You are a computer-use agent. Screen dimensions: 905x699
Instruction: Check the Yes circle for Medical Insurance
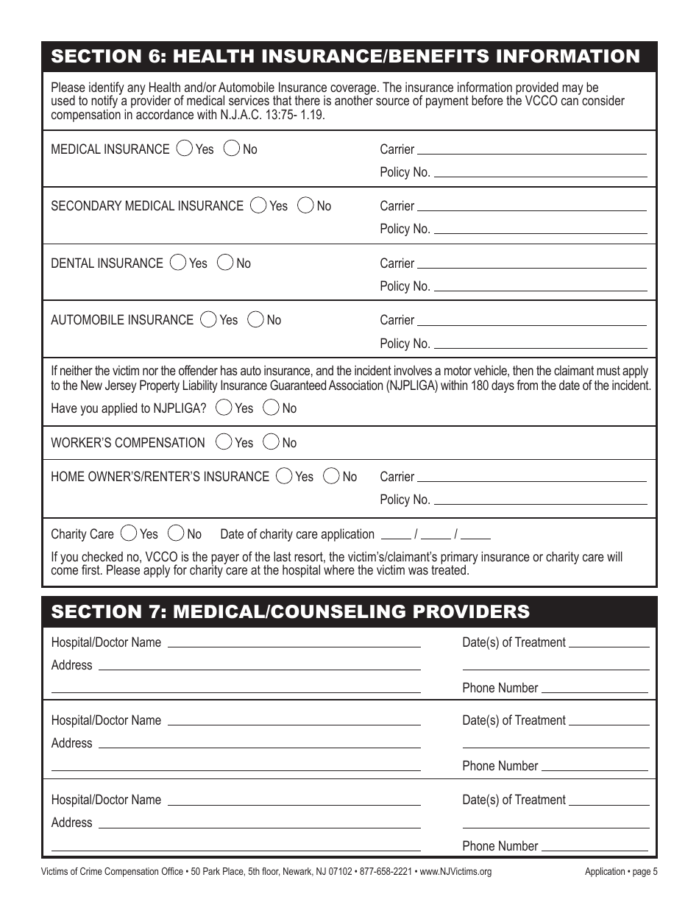[x=185, y=149]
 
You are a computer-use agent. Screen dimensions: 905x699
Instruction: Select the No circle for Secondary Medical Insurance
[x=305, y=205]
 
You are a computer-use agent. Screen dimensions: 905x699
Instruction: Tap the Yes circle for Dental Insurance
[x=178, y=263]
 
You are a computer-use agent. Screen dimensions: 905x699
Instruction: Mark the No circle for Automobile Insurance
[x=256, y=319]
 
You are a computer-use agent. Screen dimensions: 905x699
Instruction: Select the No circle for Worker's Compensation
[x=271, y=442]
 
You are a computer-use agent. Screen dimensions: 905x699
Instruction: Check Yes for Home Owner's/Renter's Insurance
[x=284, y=476]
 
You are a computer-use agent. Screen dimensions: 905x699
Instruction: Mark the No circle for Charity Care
[x=176, y=533]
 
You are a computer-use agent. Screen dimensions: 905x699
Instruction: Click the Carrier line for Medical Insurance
[x=531, y=149]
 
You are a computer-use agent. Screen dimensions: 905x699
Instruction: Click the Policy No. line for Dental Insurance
[x=540, y=286]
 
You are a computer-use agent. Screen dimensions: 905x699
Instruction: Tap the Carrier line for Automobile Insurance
[x=531, y=320]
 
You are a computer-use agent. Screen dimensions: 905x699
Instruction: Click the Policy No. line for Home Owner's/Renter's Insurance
[x=540, y=500]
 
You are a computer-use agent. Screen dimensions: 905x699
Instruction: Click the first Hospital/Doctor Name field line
[x=294, y=642]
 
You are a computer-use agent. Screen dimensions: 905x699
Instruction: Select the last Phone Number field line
[x=595, y=846]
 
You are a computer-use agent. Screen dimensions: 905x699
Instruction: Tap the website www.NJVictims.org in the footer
[x=455, y=872]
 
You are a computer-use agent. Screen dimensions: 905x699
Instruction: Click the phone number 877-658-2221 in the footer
[x=383, y=872]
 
